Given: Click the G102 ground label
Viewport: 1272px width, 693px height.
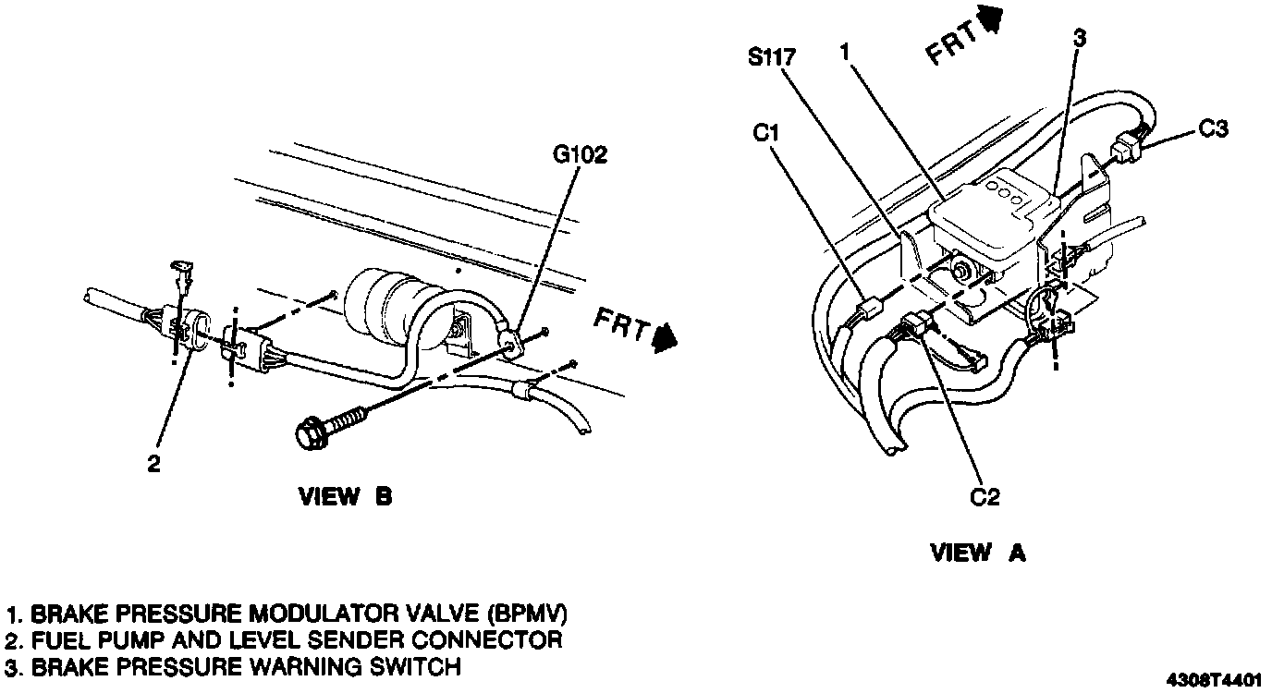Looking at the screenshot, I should click(x=581, y=155).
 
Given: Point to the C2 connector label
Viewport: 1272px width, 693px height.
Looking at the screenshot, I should click(x=985, y=497).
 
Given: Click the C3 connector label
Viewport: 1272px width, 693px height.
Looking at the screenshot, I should click(x=1213, y=129).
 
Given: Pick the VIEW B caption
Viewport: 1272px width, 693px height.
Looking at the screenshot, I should click(x=345, y=497).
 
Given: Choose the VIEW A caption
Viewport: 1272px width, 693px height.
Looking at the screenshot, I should click(x=977, y=553).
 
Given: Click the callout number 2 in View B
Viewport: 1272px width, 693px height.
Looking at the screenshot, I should click(x=154, y=464).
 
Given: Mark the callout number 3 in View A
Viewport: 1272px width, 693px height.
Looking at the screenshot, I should click(x=1080, y=38).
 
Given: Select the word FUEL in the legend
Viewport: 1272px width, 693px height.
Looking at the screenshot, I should click(x=58, y=639).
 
